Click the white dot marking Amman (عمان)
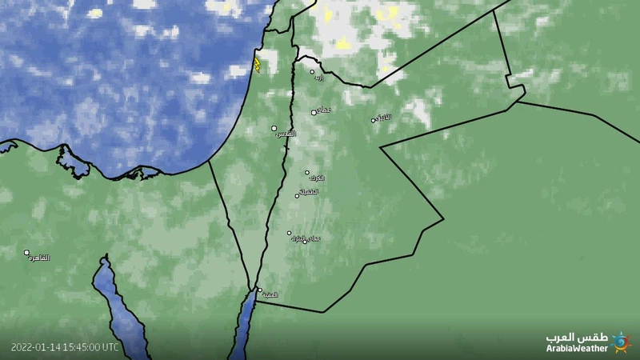pyautogui.click(x=314, y=112)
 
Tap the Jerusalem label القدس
pyautogui.click(x=285, y=133)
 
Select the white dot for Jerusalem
pyautogui.click(x=274, y=128)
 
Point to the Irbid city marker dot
pyautogui.click(x=312, y=72)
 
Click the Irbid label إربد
pyautogui.click(x=319, y=78)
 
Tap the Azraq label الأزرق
pyautogui.click(x=384, y=118)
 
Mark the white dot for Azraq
pyautogui.click(x=374, y=120)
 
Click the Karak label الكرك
pyautogui.click(x=316, y=178)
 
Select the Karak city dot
pyautogui.click(x=306, y=172)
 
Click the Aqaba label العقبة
pyautogui.click(x=270, y=295)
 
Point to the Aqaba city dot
pyautogui.click(x=259, y=290)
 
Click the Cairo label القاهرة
pyautogui.click(x=38, y=258)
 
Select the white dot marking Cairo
pyautogui.click(x=26, y=252)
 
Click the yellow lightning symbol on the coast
pyautogui.click(x=257, y=64)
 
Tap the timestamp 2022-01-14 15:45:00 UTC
pyautogui.click(x=65, y=347)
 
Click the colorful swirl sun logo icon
pyautogui.click(x=621, y=342)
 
